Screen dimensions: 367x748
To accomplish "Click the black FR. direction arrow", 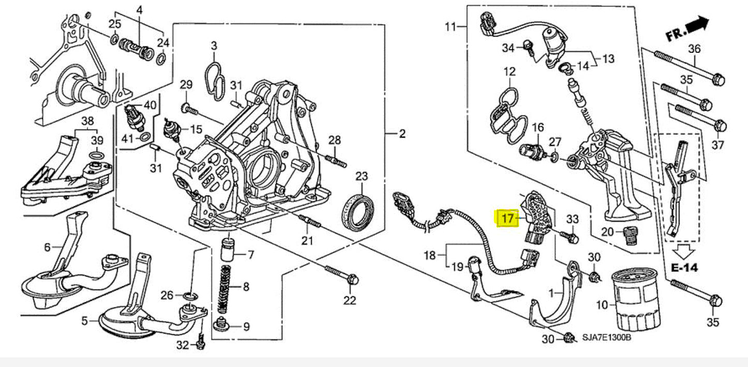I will pyautogui.click(x=697, y=24).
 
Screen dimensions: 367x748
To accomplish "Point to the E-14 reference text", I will pyautogui.click(x=685, y=267).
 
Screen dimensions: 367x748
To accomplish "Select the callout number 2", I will pyautogui.click(x=402, y=135).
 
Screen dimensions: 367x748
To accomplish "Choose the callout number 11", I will pyautogui.click(x=450, y=26).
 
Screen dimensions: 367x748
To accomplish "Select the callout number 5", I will pyautogui.click(x=84, y=321).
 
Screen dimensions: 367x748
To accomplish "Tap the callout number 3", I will pyautogui.click(x=213, y=46).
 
